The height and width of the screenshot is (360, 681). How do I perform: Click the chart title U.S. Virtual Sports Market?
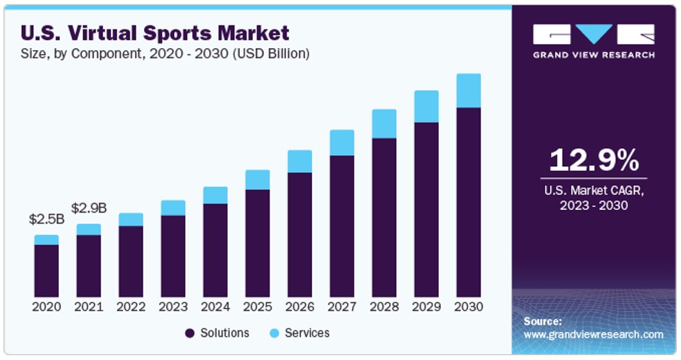pos(155,33)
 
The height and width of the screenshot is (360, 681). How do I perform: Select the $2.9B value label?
pos(88,208)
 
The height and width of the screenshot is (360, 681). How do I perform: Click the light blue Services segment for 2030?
pos(468,91)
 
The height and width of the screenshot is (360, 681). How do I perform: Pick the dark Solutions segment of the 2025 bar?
pos(257,243)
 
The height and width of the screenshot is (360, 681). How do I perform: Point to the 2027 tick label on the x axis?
pos(342,307)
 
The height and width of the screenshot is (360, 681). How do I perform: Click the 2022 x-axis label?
pos(131,307)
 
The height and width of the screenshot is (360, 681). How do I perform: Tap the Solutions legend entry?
pos(217,333)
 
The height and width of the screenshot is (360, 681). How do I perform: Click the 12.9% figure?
pos(594,160)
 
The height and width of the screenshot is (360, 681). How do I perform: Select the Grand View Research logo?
pos(594,41)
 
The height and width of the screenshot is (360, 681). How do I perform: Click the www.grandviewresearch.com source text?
pos(593,335)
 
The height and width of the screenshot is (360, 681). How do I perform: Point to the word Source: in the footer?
pos(542,321)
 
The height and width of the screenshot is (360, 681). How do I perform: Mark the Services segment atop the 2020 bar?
pos(47,239)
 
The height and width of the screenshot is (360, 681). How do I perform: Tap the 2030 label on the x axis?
pos(468,307)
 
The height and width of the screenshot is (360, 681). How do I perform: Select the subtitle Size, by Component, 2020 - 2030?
pos(165,53)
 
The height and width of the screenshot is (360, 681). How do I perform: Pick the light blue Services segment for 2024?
pos(215,195)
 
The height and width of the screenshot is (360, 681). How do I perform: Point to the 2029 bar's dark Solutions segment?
pos(426,209)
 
